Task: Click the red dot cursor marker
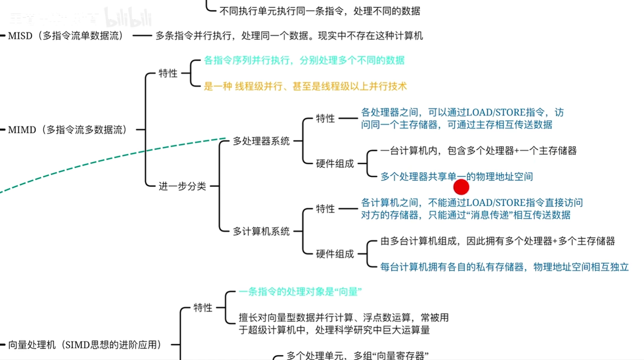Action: pos(461,187)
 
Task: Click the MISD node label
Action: pos(66,36)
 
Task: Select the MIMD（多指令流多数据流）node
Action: pos(67,130)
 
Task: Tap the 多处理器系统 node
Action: pos(261,141)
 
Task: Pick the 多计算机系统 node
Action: pos(261,231)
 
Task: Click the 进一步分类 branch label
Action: pos(182,186)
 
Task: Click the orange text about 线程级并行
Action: pos(305,86)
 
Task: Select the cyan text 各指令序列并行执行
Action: pos(304,60)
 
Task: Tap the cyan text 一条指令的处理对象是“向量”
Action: pos(300,292)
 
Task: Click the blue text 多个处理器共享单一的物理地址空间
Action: pos(456,177)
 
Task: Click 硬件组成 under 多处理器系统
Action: pos(335,164)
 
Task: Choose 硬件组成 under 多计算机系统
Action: pos(335,254)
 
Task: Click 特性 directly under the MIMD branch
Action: pos(168,74)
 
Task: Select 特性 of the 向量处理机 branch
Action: pos(203,308)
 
